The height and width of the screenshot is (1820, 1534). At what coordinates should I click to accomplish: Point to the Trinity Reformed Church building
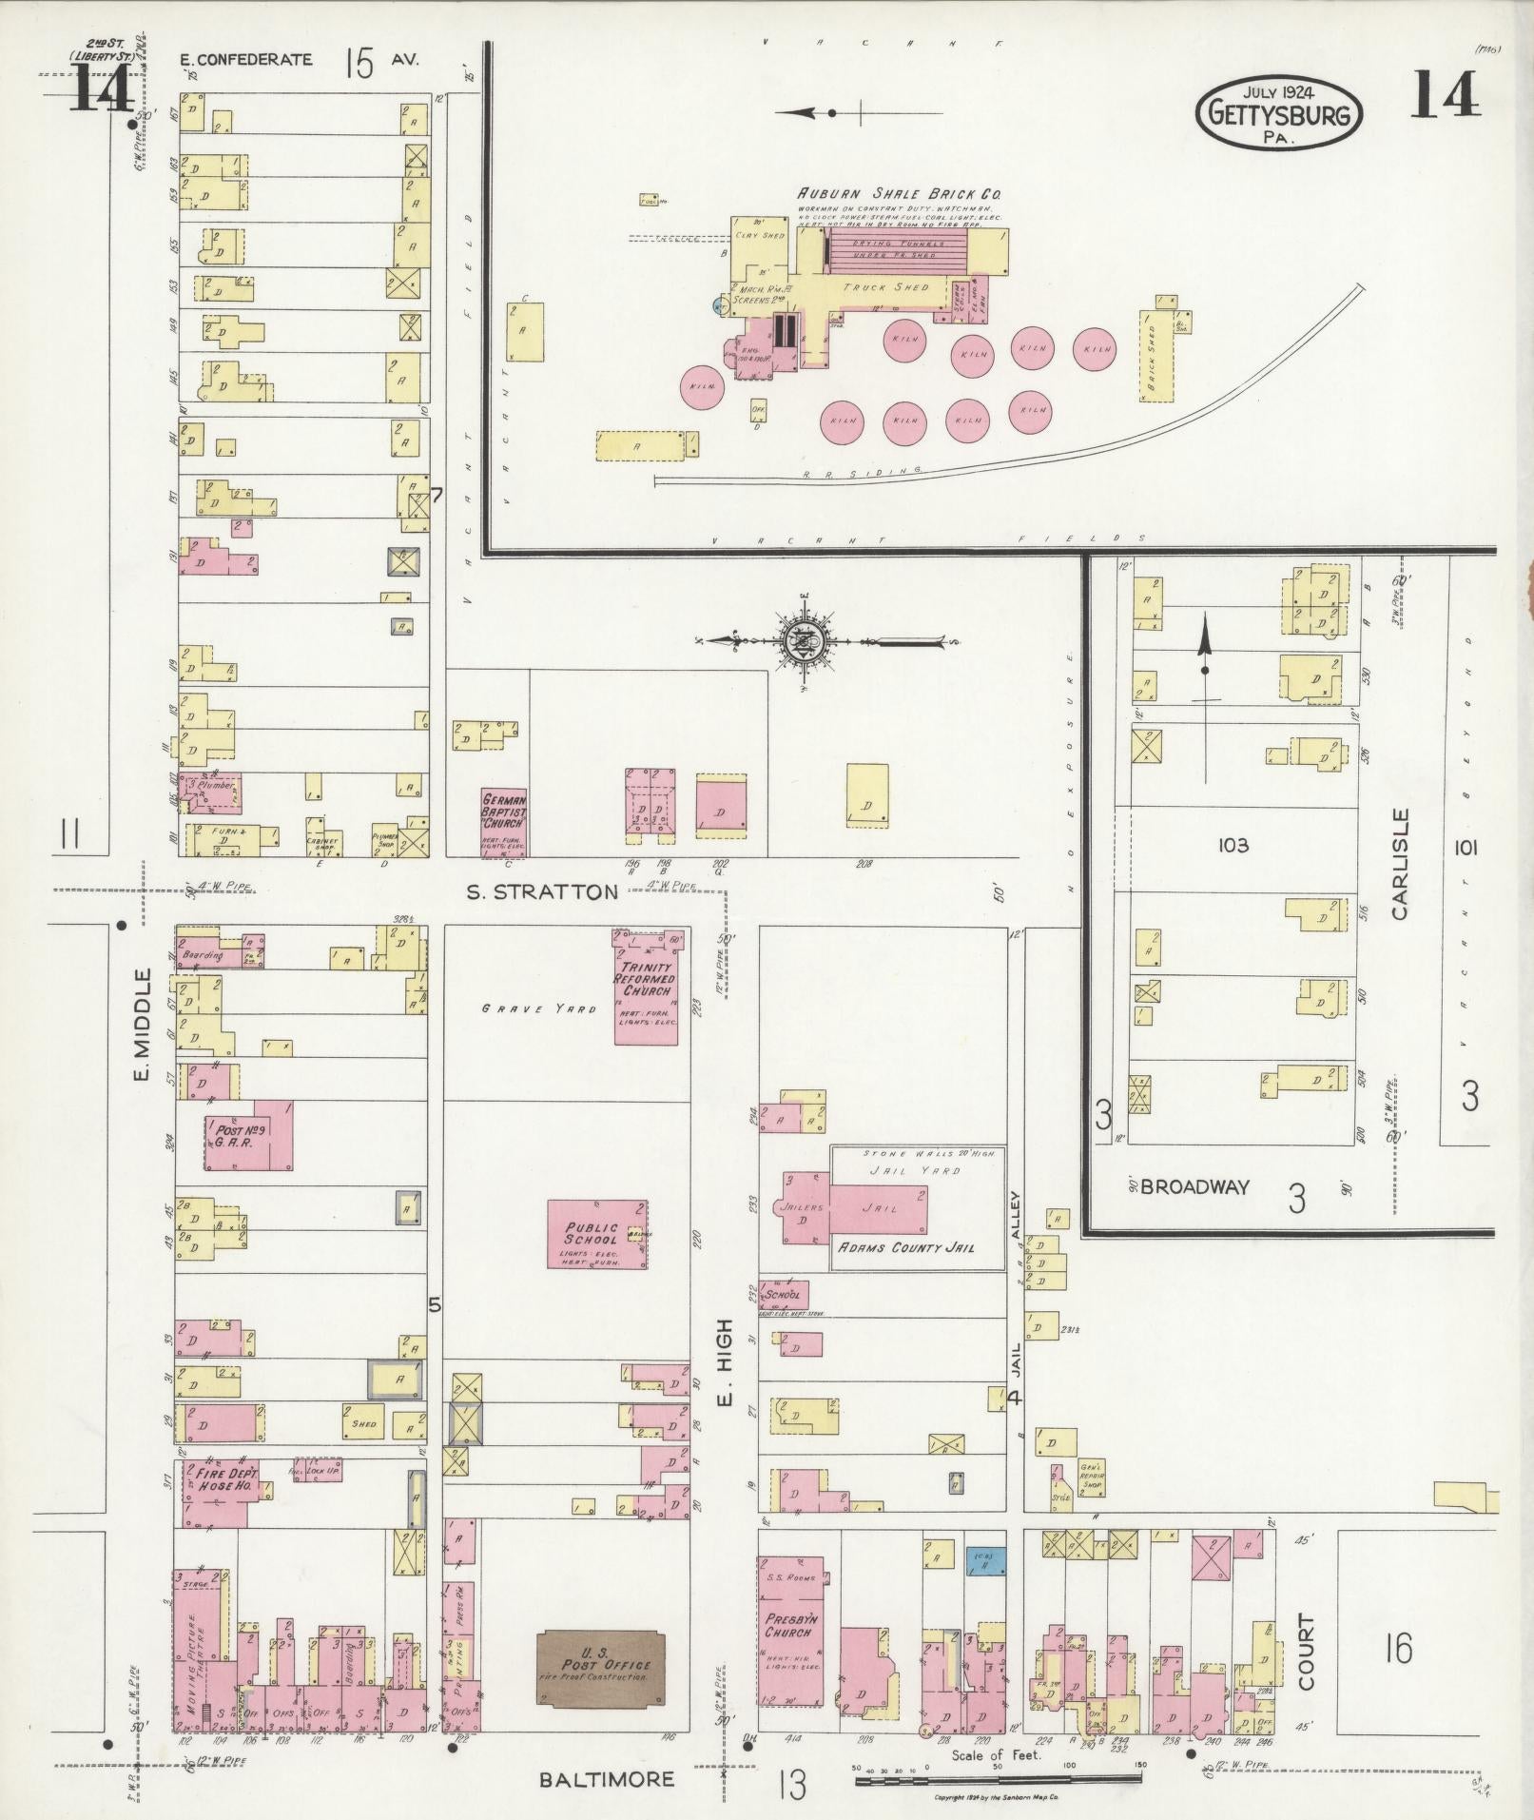click(646, 987)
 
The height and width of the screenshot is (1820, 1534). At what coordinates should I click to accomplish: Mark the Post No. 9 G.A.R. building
click(247, 1135)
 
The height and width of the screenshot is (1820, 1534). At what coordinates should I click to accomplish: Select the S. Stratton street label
click(542, 891)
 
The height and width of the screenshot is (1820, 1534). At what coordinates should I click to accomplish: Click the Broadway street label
click(1194, 1186)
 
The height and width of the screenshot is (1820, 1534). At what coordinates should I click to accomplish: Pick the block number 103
click(1233, 845)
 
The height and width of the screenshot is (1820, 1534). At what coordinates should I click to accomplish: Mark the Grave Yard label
click(538, 1008)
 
